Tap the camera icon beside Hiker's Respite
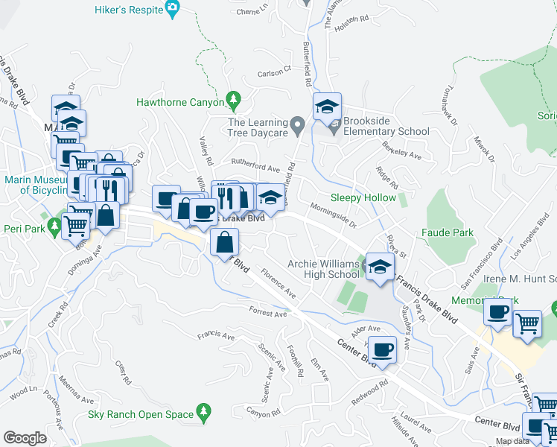point(174,10)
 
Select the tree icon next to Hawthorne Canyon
point(234,98)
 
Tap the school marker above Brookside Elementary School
point(327,107)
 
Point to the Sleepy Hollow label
point(363,197)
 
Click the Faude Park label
point(448,232)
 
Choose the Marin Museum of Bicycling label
point(36,185)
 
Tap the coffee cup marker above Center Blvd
point(383,349)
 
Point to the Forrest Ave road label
point(268,314)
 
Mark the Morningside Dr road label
point(333,215)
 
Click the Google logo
point(25,437)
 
